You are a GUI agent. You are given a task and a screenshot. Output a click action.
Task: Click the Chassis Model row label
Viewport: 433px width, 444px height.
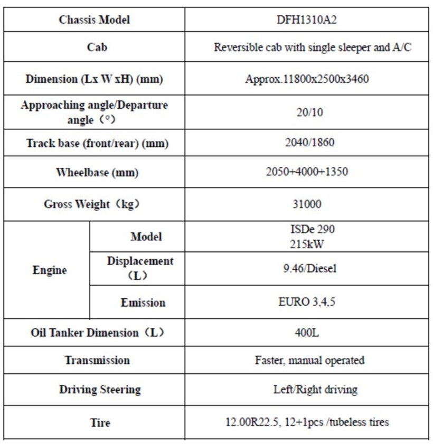[x=95, y=20]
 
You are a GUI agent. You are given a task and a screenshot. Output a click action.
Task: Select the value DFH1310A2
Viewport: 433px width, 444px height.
[x=306, y=20]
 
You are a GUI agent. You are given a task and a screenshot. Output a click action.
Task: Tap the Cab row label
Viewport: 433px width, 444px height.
[x=97, y=47]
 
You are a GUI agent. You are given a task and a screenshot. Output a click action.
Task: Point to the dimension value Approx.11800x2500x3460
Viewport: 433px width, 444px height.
[x=307, y=80]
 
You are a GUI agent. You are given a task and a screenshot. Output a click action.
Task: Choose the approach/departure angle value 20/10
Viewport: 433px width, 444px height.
[x=307, y=112]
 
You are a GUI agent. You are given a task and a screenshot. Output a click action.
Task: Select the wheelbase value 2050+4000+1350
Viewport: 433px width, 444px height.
[x=307, y=172]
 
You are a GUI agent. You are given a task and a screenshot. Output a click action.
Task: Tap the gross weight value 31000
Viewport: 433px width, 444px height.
[x=307, y=204]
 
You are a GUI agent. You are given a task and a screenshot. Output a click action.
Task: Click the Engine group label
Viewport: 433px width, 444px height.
[x=50, y=270]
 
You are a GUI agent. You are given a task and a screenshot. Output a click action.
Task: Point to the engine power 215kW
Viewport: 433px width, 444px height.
[x=305, y=244]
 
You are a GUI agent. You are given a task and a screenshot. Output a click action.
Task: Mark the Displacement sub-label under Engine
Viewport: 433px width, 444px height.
[x=140, y=268]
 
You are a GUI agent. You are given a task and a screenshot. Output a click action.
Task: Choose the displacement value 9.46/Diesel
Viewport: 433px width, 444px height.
[x=307, y=268]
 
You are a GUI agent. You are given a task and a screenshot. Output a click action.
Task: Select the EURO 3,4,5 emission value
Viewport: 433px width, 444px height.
[x=307, y=303]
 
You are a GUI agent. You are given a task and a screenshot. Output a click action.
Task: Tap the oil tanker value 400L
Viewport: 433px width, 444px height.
[x=307, y=333]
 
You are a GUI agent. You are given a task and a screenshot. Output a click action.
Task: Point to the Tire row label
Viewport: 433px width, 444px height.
[x=100, y=422]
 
